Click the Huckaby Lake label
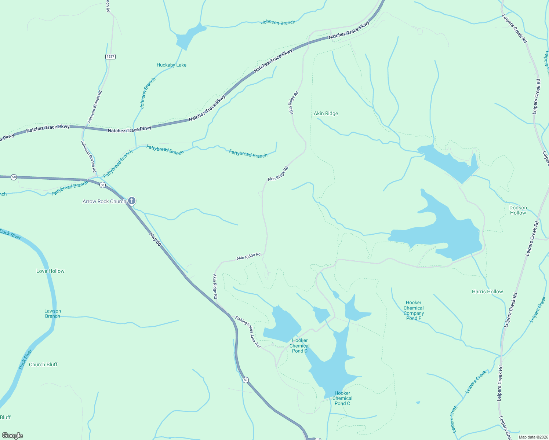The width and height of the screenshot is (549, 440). click(x=171, y=65)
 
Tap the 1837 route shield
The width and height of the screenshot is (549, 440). click(x=110, y=56)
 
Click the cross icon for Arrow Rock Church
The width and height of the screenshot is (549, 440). click(x=132, y=201)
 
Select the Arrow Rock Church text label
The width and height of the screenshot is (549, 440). click(x=104, y=201)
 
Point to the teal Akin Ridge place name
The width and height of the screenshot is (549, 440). click(x=326, y=113)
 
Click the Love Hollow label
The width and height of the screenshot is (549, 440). click(x=50, y=271)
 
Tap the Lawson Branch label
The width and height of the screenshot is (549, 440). click(x=53, y=313)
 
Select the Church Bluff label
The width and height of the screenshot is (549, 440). click(x=43, y=364)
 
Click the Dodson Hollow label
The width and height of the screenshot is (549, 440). click(x=518, y=210)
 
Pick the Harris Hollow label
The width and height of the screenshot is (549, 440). click(x=487, y=291)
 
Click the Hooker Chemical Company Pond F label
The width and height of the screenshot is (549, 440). click(x=414, y=311)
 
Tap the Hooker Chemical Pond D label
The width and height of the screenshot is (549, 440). click(x=299, y=346)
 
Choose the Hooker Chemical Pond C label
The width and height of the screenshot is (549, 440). click(x=342, y=398)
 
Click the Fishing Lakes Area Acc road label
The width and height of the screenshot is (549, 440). click(x=248, y=332)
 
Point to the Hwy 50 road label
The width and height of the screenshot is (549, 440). click(x=155, y=239)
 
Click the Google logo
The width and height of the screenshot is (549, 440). click(x=12, y=436)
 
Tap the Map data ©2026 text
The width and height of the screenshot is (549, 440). click(x=533, y=437)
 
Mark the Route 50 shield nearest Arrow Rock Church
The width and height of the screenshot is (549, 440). click(x=102, y=185)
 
